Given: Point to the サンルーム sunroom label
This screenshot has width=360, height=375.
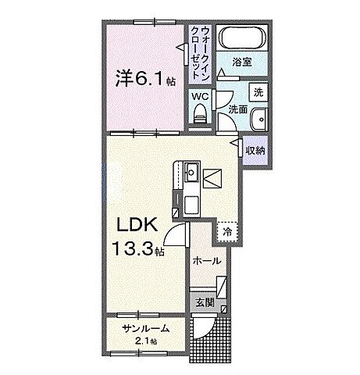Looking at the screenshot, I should coord(144,330).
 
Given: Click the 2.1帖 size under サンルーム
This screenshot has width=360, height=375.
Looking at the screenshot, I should coord(144,341).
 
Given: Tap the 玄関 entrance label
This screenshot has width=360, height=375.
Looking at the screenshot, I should coord(205,302).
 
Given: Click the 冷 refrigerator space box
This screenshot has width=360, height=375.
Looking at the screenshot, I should coord(227,231).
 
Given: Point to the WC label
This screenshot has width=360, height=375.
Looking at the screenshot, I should coord(201,98).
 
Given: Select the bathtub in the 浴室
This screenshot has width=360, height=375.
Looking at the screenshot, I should coord(242,37).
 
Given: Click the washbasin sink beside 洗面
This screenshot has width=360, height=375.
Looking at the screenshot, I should coord(260,119).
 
